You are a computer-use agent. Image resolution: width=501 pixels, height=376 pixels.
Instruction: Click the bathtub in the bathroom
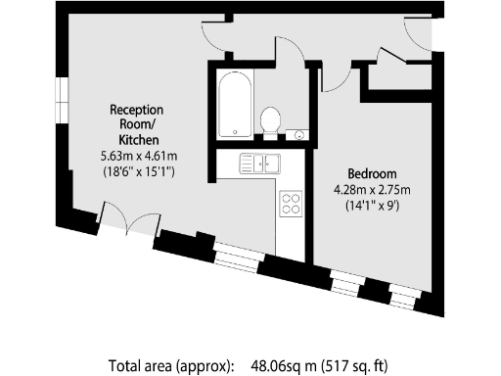[x=234, y=106]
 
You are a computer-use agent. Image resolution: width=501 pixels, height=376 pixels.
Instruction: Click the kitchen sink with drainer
[x=260, y=164]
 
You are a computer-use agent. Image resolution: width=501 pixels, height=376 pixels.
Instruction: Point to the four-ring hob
[x=292, y=203]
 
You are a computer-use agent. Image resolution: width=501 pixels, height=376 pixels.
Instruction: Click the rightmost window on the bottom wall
[x=403, y=294]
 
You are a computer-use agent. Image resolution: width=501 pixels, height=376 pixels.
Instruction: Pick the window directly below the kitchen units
[x=236, y=258]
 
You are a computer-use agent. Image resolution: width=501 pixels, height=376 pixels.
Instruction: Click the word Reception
[x=136, y=110]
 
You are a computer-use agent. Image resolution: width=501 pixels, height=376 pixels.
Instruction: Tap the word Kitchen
[x=136, y=139]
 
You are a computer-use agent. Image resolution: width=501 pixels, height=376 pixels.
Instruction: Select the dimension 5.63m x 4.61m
[x=136, y=155]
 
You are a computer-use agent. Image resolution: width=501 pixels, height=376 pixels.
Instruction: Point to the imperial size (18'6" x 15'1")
[x=136, y=170]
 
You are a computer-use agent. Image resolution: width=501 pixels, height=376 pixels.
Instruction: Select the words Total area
[x=143, y=366]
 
